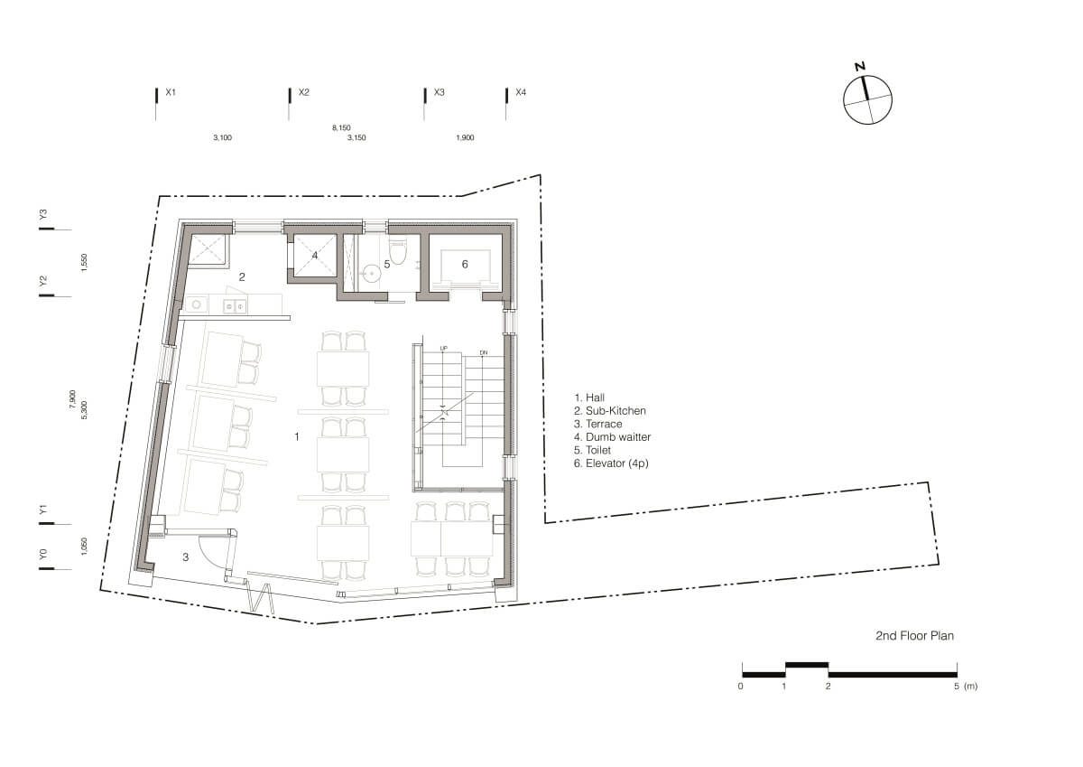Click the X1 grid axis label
click(x=171, y=92)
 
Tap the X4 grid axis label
click(x=521, y=92)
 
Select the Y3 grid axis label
click(x=43, y=214)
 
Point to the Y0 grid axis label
click(x=43, y=554)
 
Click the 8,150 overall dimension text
click(x=341, y=127)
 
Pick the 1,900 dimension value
click(x=465, y=138)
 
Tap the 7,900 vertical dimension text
click(x=73, y=399)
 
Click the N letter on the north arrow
click(x=859, y=67)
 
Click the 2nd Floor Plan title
click(x=915, y=635)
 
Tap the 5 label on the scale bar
click(x=957, y=687)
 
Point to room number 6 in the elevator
click(x=465, y=264)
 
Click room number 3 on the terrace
click(x=186, y=557)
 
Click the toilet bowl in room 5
click(x=397, y=250)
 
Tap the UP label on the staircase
click(x=443, y=349)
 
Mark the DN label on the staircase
click(x=484, y=352)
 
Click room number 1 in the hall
click(x=297, y=437)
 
